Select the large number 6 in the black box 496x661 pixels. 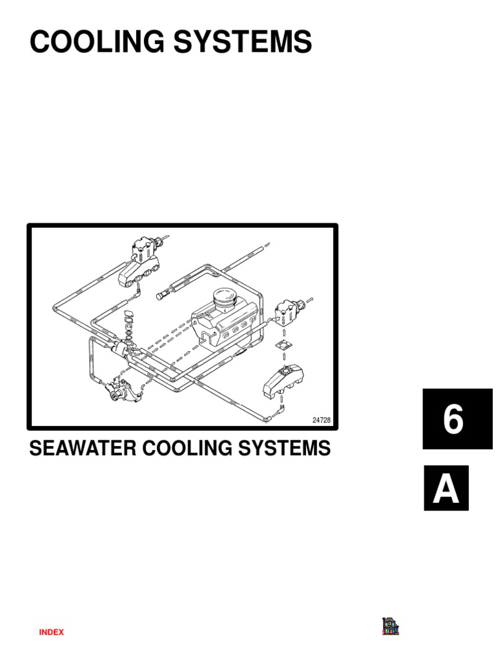pos(453,420)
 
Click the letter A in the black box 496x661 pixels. pos(446,490)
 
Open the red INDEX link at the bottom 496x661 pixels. pos(52,633)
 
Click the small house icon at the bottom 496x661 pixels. pos(390,626)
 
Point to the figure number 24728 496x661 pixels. pos(321,420)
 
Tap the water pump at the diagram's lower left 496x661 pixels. pos(123,391)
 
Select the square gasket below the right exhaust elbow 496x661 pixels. pos(280,347)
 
